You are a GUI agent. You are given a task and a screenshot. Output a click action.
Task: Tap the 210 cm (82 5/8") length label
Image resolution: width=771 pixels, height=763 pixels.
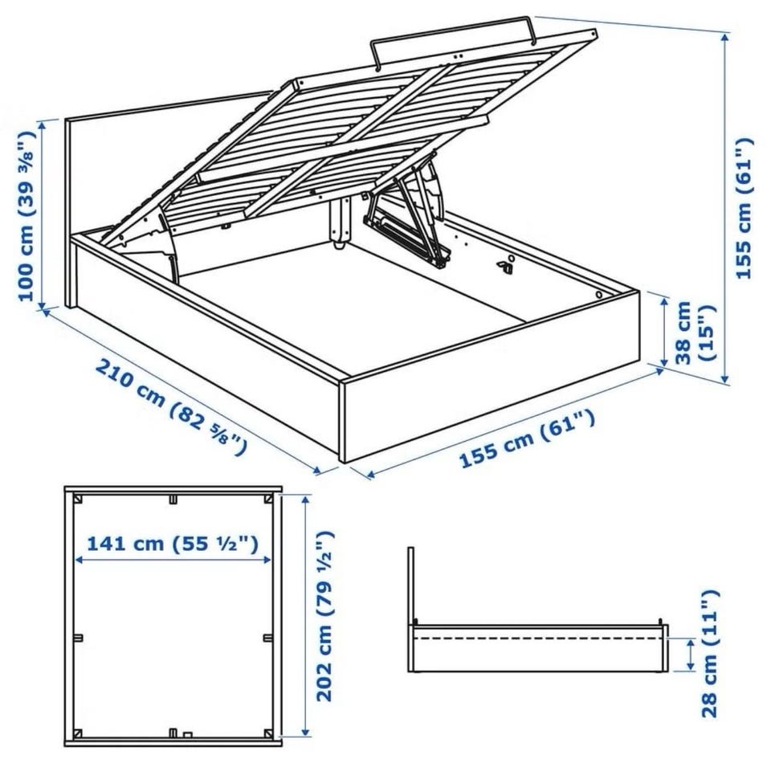(169, 407)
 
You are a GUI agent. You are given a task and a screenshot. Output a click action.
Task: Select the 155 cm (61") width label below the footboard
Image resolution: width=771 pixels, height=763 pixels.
(527, 439)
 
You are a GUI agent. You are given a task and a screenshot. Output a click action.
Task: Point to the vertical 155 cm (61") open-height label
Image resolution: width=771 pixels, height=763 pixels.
(744, 209)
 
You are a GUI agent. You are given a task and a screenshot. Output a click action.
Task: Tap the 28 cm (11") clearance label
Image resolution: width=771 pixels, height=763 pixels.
(708, 654)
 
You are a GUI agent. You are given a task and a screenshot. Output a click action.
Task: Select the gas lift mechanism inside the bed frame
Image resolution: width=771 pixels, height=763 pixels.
(408, 216)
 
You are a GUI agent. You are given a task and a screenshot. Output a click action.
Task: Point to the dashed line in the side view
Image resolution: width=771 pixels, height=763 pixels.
(537, 639)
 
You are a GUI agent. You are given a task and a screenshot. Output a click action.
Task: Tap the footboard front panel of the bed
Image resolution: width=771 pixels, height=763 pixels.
(492, 376)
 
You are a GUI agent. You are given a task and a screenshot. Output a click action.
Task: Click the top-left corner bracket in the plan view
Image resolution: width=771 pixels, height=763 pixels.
(78, 500)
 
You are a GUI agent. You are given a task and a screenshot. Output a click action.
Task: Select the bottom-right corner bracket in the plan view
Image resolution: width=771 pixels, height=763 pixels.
(268, 733)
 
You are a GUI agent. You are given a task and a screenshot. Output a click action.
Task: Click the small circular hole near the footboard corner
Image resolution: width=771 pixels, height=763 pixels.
(599, 295)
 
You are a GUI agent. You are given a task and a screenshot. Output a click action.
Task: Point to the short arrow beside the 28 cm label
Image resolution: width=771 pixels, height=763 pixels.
(691, 655)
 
